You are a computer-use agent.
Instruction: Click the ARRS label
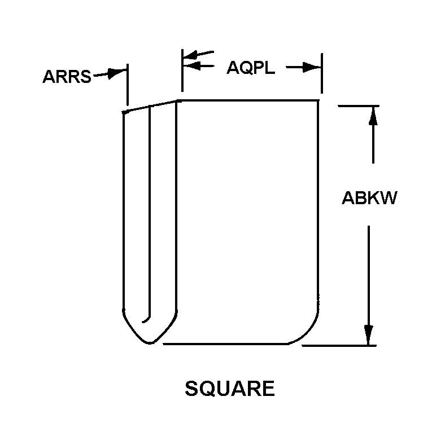pyautogui.click(x=67, y=77)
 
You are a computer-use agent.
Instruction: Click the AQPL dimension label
pyautogui.click(x=251, y=68)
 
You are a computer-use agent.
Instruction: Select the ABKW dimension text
pyautogui.click(x=369, y=198)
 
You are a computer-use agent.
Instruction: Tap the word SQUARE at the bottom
pyautogui.click(x=230, y=389)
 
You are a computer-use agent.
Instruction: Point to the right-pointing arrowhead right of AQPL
pyautogui.click(x=312, y=68)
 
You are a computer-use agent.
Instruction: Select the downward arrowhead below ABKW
pyautogui.click(x=369, y=336)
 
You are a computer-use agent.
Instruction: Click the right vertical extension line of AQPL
pyautogui.click(x=321, y=73)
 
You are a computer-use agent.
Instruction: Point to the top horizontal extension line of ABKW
pyautogui.click(x=359, y=106)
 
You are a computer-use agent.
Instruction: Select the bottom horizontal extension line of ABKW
pyautogui.click(x=339, y=346)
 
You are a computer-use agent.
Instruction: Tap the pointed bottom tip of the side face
pyautogui.click(x=150, y=343)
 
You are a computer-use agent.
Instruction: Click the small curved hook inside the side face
pyautogui.click(x=147, y=320)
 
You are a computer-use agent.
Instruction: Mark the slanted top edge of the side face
pyautogui.click(x=150, y=106)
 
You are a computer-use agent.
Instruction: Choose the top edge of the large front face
pyautogui.click(x=248, y=100)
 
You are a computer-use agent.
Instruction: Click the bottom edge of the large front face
pyautogui.click(x=226, y=344)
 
